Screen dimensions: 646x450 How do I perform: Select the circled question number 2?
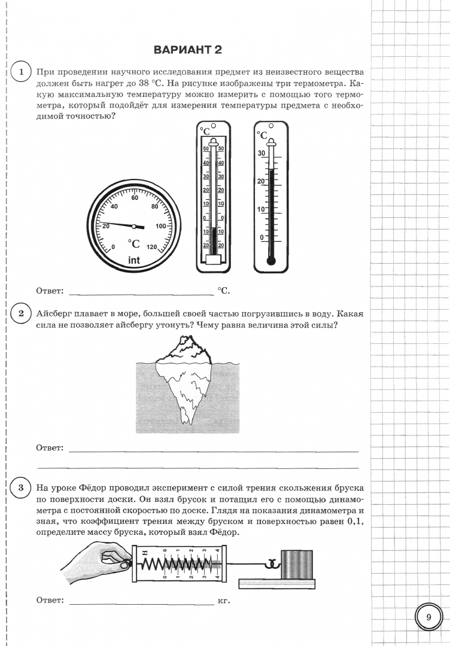point(21,313)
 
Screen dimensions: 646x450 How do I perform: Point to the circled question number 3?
point(21,487)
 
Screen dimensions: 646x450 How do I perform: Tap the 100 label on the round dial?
point(161,226)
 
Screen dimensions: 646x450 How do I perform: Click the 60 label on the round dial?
point(135,197)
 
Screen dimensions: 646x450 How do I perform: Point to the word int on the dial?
point(134,260)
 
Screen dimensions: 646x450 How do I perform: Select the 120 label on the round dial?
point(151,247)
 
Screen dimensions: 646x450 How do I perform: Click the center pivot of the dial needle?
point(135,226)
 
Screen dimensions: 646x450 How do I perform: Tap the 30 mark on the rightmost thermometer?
point(261,153)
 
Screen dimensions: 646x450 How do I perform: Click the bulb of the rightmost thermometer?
point(271,261)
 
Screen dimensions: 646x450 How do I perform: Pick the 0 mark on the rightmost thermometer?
point(261,237)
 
